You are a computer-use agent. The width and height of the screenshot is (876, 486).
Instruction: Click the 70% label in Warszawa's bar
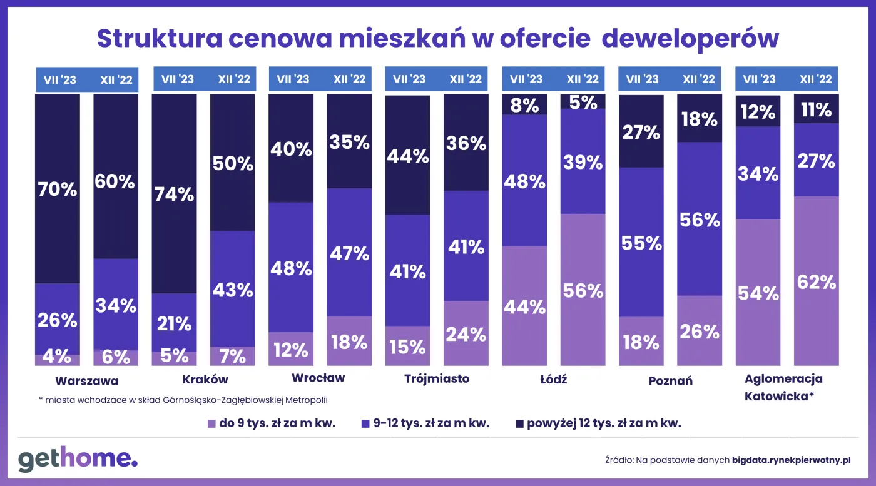pyautogui.click(x=57, y=190)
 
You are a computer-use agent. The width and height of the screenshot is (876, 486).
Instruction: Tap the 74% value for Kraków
pyautogui.click(x=174, y=195)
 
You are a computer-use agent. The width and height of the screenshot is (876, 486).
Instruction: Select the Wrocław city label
pyautogui.click(x=318, y=378)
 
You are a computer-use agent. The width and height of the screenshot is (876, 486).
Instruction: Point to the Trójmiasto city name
pyautogui.click(x=437, y=378)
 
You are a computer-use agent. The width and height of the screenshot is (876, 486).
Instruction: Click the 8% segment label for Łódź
pyautogui.click(x=524, y=106)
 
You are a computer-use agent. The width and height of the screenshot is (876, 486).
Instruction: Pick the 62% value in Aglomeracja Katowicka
pyautogui.click(x=816, y=282)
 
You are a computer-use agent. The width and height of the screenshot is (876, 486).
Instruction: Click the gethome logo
pyautogui.click(x=78, y=459)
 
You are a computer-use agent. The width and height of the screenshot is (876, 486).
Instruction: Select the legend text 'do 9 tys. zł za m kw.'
pyautogui.click(x=277, y=423)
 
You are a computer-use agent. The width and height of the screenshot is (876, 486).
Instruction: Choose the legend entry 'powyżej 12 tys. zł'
pyautogui.click(x=604, y=423)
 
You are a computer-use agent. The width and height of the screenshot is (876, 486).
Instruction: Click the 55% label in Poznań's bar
pyautogui.click(x=641, y=243)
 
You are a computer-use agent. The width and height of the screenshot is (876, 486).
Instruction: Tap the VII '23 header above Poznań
pyautogui.click(x=642, y=79)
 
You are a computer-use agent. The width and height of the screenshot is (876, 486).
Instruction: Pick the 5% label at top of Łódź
pyautogui.click(x=583, y=102)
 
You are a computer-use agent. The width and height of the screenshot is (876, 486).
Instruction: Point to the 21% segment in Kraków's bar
pyautogui.click(x=174, y=323)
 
